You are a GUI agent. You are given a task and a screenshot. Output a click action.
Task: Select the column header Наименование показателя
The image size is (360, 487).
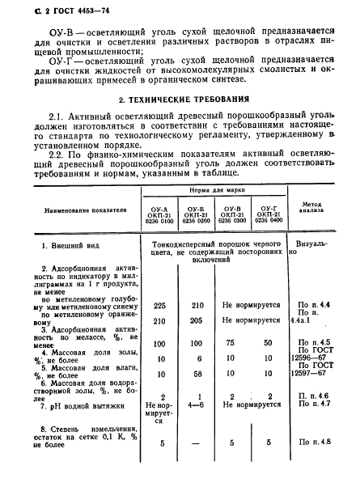tap(79, 208)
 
